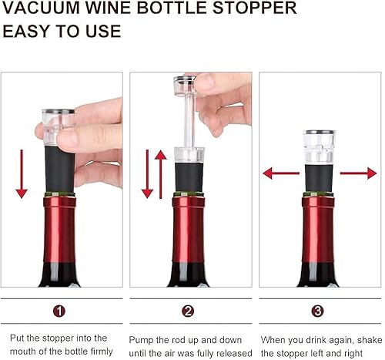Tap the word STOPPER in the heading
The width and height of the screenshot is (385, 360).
click(x=255, y=9)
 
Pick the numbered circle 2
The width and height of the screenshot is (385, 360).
click(x=189, y=311)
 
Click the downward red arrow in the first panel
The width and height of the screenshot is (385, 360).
click(x=21, y=174)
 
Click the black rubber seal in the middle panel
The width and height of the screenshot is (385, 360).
click(x=189, y=176)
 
